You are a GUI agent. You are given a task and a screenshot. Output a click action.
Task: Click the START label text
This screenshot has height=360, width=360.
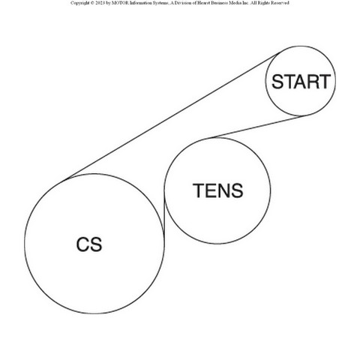click(x=301, y=82)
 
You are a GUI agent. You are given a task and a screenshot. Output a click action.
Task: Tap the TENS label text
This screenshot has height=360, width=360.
click(x=217, y=190)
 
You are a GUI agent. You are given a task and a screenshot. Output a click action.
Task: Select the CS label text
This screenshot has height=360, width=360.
click(x=89, y=244)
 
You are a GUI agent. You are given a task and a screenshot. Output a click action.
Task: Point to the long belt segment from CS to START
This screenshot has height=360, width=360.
click(x=172, y=115)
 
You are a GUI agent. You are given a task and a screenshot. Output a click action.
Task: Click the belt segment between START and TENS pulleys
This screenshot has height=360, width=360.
click(x=257, y=127)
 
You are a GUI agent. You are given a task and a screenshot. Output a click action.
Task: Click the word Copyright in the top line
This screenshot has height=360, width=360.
click(x=79, y=3)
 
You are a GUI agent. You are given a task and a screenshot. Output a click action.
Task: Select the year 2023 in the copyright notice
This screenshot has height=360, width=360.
click(x=99, y=3)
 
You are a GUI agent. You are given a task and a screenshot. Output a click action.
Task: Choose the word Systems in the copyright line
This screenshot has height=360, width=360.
click(x=157, y=3)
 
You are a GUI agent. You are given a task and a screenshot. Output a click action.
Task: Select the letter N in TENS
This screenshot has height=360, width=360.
click(x=223, y=190)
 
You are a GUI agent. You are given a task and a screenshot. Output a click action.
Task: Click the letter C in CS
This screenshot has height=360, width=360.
click(x=82, y=244)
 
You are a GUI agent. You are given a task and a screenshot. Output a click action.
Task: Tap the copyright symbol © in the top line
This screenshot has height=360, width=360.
click(x=91, y=3)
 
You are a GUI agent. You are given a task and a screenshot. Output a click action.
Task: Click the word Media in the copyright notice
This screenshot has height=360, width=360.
click(x=234, y=3)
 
